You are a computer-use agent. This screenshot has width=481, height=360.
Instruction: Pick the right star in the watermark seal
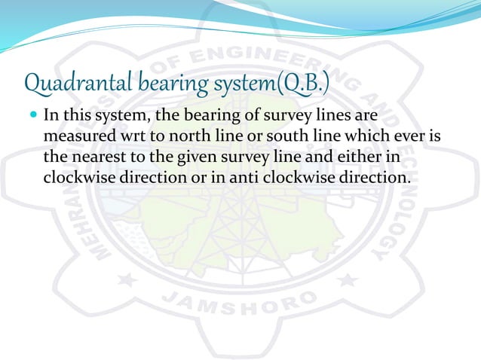348,280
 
